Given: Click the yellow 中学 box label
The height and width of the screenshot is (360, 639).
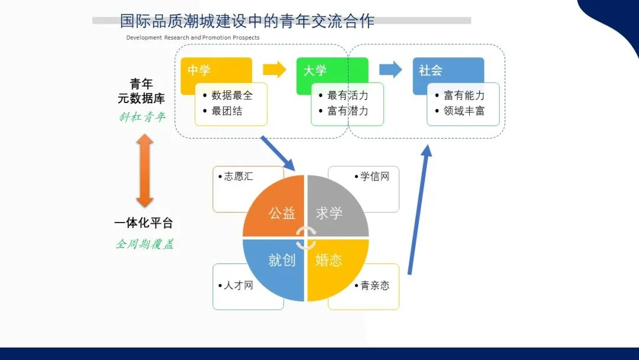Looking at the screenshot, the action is pos(199,70).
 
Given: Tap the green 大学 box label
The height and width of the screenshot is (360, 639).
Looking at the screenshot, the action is pos(315,70).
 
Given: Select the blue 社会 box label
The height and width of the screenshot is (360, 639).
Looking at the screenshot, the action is pos(430,70).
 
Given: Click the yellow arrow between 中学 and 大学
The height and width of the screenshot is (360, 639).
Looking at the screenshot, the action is pos(275,69).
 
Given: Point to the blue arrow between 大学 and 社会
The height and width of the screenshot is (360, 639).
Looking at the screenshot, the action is pos(390,69).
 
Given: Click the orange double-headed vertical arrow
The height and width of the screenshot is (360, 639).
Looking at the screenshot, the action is pos(145,171).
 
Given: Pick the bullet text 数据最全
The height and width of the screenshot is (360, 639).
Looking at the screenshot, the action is pos(232,95).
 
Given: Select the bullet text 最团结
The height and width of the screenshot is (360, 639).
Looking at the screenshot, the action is pos(227,111).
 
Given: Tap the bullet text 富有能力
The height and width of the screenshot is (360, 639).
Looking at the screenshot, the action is pos(464,95).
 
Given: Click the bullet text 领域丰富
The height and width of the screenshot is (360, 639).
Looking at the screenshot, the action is pos(464,111).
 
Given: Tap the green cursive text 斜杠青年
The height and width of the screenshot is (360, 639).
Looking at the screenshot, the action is pos(142,117).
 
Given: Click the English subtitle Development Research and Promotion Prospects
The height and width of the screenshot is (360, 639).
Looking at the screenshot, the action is pos(193,37).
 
